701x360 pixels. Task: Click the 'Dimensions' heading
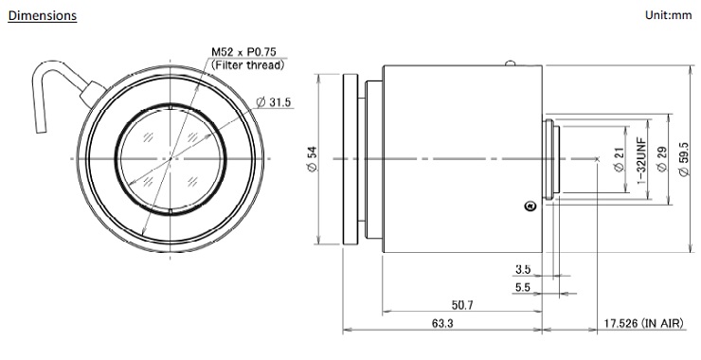tap(43, 16)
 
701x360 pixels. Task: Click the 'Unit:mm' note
tap(669, 15)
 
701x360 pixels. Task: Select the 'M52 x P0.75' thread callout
tap(243, 52)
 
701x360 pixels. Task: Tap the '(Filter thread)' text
tap(247, 64)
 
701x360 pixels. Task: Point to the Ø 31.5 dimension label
tap(273, 102)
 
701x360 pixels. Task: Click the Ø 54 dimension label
tap(312, 158)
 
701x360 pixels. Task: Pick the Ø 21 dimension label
tap(619, 160)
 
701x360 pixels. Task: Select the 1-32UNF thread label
tap(641, 160)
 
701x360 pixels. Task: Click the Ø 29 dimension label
tap(661, 159)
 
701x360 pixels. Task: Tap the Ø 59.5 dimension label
tap(684, 159)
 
